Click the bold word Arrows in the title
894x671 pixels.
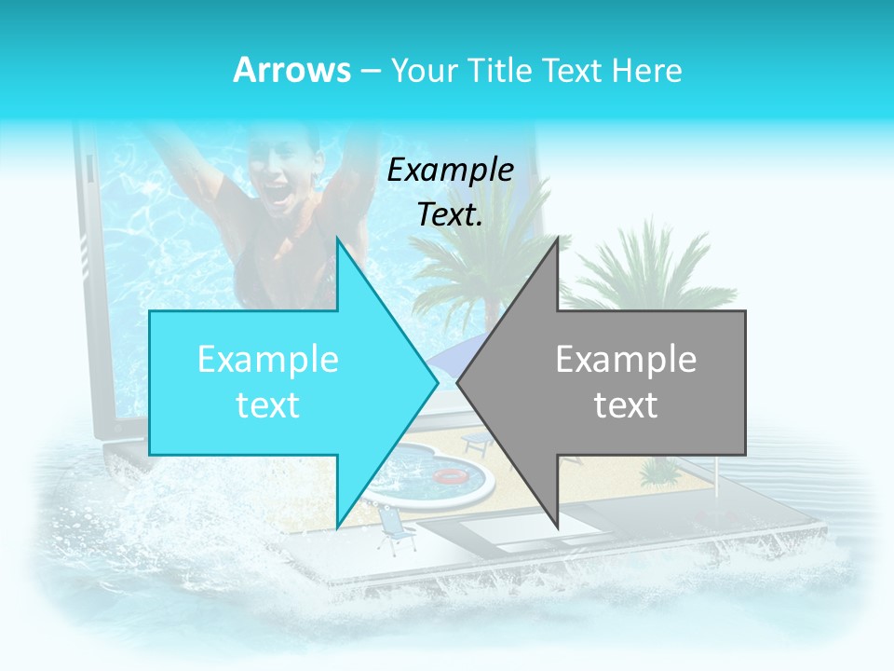291,70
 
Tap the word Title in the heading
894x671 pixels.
502,70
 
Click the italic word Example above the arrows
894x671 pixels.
451,171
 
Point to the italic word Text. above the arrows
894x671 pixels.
451,215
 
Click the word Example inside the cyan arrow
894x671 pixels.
268,360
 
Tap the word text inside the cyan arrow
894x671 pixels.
268,405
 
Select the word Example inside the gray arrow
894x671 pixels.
626,360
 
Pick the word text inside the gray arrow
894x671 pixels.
626,405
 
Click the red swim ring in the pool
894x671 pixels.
450,475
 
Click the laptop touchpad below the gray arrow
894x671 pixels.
521,532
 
